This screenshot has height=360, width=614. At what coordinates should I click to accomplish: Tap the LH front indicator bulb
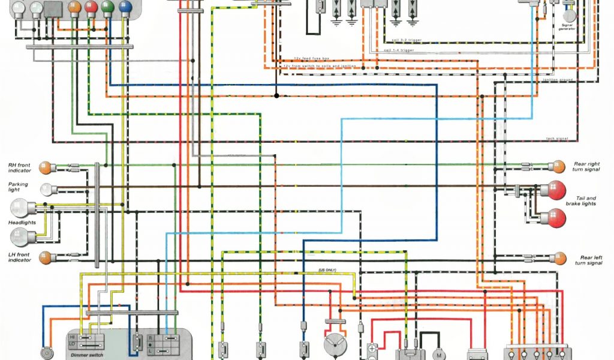coord(44,258)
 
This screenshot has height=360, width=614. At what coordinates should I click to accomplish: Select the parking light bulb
coord(46,189)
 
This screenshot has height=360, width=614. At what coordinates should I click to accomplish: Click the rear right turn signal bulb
coord(559,166)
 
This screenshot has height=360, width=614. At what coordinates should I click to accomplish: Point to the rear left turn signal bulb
coord(559,259)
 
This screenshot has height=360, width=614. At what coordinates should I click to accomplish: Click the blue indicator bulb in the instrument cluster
coord(125,8)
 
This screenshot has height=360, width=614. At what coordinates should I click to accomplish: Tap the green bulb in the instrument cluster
coord(108,8)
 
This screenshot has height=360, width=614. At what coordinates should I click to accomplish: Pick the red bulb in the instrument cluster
coord(91,8)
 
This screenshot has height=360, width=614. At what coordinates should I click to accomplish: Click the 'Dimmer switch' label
coord(87,355)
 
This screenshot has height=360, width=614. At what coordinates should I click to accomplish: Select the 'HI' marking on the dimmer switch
coord(73,338)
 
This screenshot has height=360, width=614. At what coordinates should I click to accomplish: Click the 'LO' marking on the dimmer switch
coord(73,344)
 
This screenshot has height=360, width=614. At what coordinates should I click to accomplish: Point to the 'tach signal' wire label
coord(557,139)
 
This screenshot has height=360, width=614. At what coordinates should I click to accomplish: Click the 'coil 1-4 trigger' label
coord(399,50)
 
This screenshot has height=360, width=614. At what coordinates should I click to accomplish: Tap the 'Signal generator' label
coord(567,27)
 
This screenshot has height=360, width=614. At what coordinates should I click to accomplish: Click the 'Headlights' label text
coord(22,223)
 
